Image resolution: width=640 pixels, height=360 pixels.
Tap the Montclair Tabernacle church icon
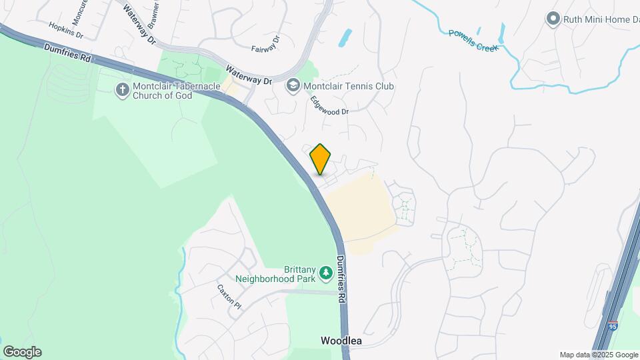coord(122,89)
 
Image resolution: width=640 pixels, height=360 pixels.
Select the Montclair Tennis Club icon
coord(293,86)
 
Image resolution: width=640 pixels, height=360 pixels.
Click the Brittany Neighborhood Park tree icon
coord(325,272)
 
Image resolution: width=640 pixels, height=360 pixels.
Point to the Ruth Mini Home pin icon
coord(552,19)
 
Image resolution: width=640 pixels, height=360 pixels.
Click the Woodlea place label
coord(341,341)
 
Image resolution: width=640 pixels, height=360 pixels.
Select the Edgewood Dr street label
coord(329,105)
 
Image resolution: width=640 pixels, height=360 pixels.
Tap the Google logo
coord(22,352)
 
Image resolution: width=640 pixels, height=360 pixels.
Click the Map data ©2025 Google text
coord(598,355)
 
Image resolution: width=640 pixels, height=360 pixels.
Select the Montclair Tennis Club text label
coord(349,86)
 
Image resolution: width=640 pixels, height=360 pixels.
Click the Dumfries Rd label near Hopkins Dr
coord(67,53)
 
